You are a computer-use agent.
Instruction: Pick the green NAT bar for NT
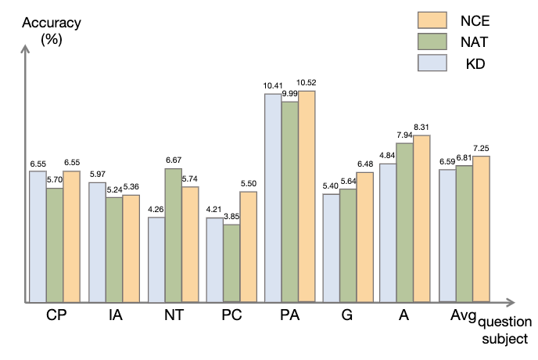173,235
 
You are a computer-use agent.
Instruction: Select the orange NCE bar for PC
248,247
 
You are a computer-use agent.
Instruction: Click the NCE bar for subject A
421,218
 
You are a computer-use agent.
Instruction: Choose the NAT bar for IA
114,250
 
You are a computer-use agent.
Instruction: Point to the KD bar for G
331,247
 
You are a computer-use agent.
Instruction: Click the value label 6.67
173,161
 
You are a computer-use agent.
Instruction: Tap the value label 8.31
422,128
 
